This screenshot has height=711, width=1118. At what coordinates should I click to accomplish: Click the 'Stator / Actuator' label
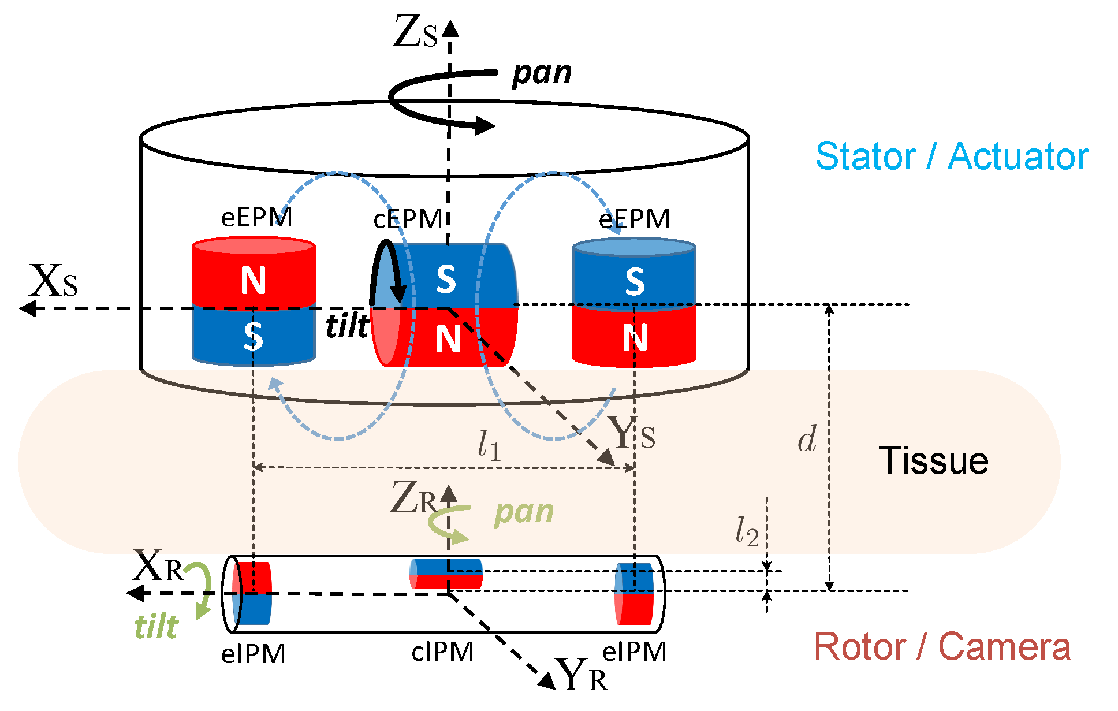pos(952,157)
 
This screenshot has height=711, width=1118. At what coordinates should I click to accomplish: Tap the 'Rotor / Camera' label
pos(942,646)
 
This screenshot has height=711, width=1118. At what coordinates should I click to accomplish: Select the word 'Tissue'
pos(933,461)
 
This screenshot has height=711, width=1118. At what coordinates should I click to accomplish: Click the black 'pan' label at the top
pos(542,74)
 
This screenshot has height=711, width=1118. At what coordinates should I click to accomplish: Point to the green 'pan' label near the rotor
pos(524,512)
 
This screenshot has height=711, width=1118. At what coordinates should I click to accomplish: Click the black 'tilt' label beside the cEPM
pos(347,326)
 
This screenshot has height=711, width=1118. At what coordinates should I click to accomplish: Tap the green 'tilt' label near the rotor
pos(156,626)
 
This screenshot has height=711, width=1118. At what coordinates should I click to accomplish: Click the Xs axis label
pos(53,282)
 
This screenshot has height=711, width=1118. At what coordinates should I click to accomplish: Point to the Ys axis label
pos(632,434)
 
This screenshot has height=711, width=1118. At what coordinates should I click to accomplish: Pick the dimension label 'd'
pos(807,440)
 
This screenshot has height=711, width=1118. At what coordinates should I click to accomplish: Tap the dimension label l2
pos(746,531)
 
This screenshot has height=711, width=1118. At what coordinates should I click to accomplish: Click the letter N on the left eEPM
pos(254,281)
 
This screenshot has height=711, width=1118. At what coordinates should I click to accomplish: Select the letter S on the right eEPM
pos(635,282)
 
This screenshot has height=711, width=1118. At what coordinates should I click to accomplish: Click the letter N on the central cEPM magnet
pos(448,338)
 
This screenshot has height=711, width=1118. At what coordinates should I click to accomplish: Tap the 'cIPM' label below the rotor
pos(442,652)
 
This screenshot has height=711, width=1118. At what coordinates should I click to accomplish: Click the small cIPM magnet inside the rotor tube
pos(446,574)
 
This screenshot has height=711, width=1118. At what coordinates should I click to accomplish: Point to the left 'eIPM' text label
pos(253,654)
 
